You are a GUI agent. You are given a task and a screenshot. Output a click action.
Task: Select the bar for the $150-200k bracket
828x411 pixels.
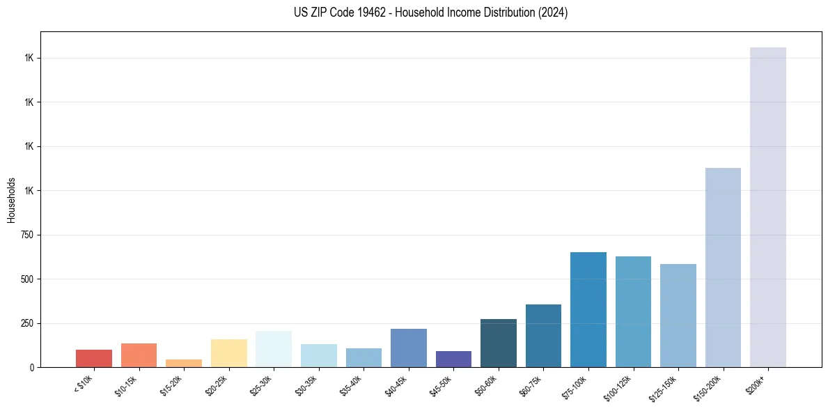pyautogui.click(x=723, y=267)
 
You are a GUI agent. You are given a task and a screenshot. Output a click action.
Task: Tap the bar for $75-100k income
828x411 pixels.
pyautogui.click(x=588, y=309)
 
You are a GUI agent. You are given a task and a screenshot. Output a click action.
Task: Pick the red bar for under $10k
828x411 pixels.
pyautogui.click(x=94, y=358)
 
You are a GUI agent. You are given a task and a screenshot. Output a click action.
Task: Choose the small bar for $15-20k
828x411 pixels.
pyautogui.click(x=184, y=363)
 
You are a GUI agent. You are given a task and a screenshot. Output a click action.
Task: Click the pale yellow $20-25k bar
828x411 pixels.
pyautogui.click(x=229, y=353)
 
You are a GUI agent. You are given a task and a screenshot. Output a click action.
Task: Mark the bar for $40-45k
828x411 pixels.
pyautogui.click(x=409, y=348)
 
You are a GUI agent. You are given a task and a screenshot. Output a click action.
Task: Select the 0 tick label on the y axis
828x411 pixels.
pyautogui.click(x=32, y=367)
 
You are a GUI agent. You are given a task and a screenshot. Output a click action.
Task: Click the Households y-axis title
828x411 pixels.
pyautogui.click(x=11, y=199)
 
